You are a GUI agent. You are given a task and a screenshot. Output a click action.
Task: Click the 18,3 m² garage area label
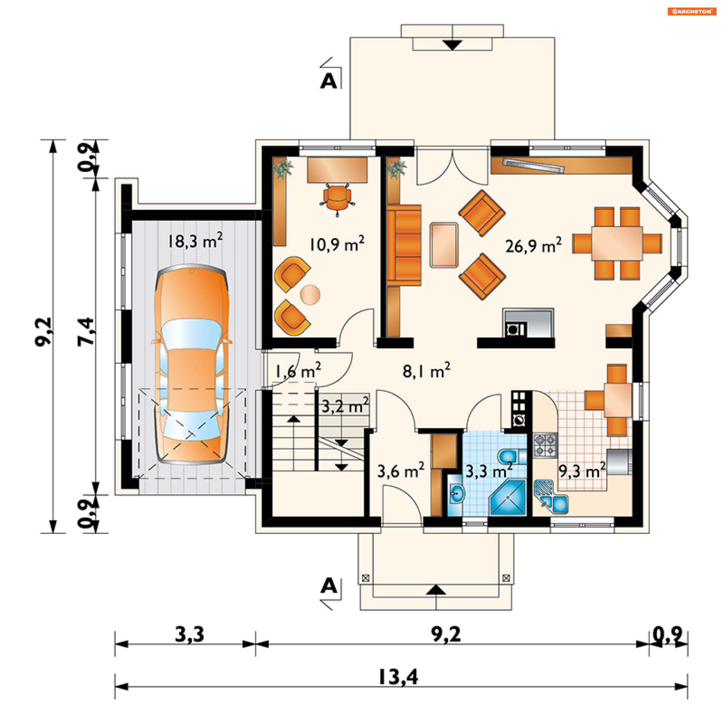pyautogui.click(x=195, y=240)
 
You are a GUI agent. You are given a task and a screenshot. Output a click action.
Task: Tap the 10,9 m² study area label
pyautogui.click(x=337, y=244)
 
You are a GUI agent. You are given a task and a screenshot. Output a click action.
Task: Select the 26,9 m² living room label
pyautogui.click(x=533, y=245)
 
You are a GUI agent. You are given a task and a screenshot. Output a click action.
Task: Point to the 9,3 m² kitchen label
pyautogui.click(x=582, y=470)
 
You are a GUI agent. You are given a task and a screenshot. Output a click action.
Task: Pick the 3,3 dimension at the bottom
pyautogui.click(x=190, y=634)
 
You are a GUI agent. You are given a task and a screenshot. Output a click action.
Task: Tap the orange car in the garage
pyautogui.click(x=192, y=364)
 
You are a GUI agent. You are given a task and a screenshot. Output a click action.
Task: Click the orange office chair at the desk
pyautogui.click(x=337, y=199)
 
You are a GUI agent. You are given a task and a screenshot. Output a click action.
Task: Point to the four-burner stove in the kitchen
pyautogui.click(x=545, y=445)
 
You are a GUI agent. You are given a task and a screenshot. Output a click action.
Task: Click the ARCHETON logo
pyautogui.click(x=692, y=11)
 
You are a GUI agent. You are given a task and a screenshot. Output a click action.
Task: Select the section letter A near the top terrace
pyautogui.click(x=328, y=81)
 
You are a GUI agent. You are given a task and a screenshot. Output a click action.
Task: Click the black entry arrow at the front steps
pyautogui.click(x=436, y=589)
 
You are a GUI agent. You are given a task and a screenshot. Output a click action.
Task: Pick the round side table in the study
pyautogui.click(x=310, y=295)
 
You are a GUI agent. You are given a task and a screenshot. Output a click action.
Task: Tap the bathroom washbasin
pyautogui.click(x=457, y=493)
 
